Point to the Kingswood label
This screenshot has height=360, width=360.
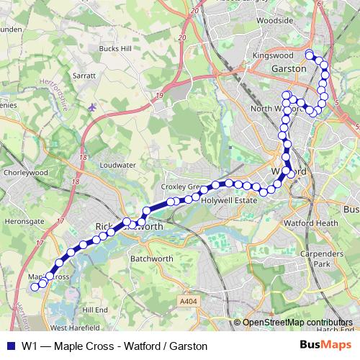(x=274, y=55)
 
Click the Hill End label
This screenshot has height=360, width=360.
(x=95, y=309)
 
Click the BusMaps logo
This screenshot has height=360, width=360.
(x=330, y=346)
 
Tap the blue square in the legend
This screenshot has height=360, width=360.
(x=9, y=346)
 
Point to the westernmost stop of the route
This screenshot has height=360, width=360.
(x=34, y=287)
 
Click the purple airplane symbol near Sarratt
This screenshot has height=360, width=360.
(x=92, y=107)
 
